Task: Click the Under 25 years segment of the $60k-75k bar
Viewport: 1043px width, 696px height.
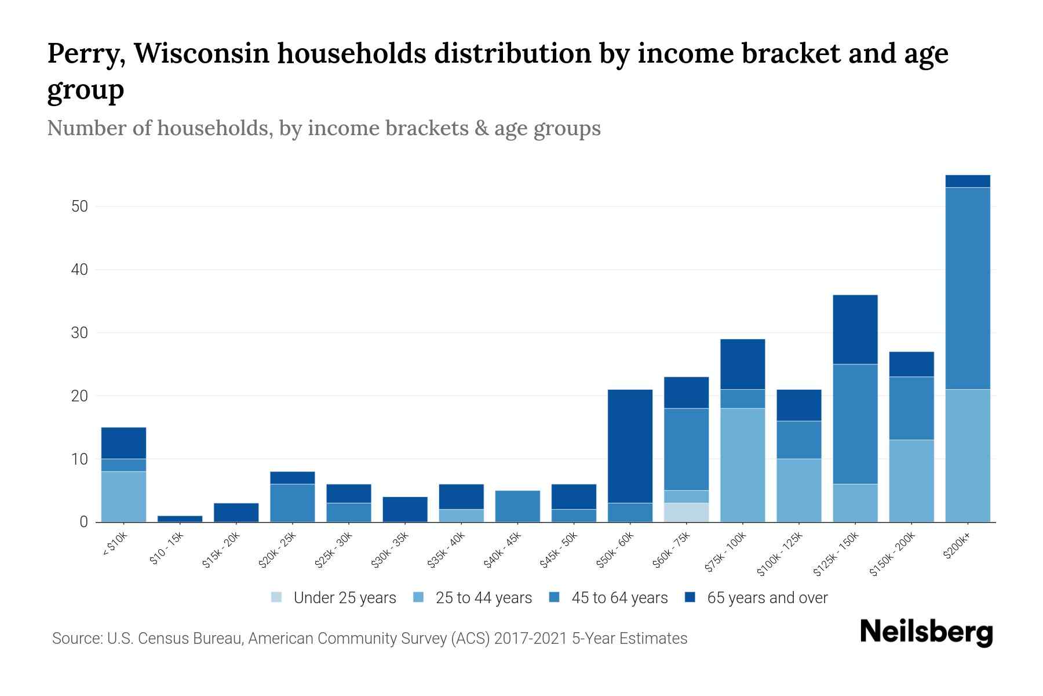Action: click(686, 512)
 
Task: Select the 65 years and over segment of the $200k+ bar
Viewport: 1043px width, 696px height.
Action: click(967, 181)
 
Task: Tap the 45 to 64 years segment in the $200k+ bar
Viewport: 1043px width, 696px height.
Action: click(967, 288)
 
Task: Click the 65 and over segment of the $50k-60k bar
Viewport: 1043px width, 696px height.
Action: click(630, 446)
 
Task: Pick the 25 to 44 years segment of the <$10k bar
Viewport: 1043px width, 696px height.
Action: click(123, 496)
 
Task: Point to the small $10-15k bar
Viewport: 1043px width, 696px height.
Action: click(180, 519)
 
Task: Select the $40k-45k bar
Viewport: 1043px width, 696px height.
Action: click(517, 506)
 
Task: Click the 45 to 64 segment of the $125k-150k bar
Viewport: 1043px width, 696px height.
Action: click(855, 424)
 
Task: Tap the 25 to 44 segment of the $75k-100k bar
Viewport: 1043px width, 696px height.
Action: click(742, 465)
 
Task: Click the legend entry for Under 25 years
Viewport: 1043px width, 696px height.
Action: click(334, 598)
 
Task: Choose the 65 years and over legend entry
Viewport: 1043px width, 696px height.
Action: click(756, 598)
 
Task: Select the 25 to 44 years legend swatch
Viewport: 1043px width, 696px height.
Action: click(418, 597)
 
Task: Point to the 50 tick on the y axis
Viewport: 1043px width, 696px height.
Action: click(80, 206)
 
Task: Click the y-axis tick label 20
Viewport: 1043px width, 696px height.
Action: click(80, 396)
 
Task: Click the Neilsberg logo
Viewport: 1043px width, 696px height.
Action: click(926, 632)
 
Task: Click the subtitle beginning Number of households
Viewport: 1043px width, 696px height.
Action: click(323, 128)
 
